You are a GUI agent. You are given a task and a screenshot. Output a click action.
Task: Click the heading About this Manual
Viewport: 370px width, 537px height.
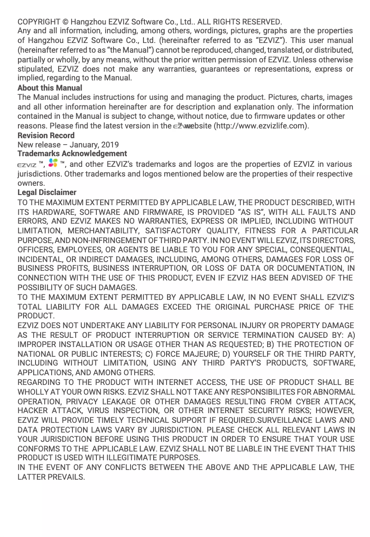tap(50, 88)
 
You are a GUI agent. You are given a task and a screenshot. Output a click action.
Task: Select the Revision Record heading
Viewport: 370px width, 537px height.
tap(46, 135)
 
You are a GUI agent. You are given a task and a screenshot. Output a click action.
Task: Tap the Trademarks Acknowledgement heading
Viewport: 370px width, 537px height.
tap(72, 153)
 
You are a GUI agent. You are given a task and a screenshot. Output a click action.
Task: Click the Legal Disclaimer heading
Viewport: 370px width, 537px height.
tap(47, 192)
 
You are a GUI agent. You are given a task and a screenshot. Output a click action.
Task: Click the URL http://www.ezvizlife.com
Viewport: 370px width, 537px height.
tap(261, 126)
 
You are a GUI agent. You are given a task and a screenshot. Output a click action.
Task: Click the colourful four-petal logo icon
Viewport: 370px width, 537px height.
tap(53, 163)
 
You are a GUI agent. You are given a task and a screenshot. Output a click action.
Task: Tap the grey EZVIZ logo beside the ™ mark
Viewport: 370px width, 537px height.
tap(27, 165)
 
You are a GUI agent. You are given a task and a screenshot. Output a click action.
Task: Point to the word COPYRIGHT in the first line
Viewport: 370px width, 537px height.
tap(39, 22)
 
